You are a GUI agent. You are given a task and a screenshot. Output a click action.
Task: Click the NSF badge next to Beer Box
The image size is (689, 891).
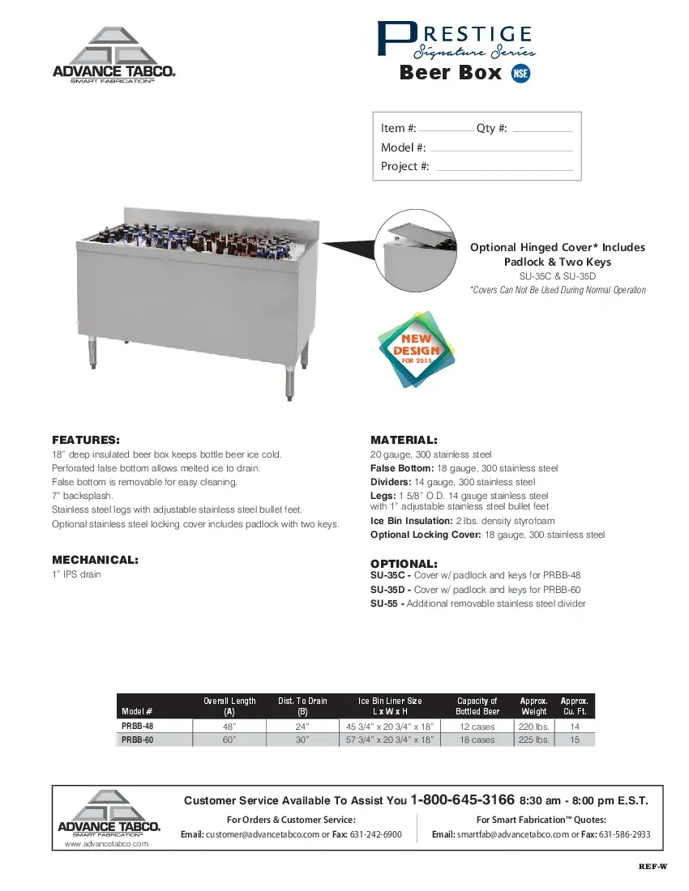[x=521, y=73]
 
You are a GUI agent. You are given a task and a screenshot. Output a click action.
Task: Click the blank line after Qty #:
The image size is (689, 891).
[x=542, y=131]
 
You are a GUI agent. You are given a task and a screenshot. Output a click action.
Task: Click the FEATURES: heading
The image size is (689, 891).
[x=86, y=440]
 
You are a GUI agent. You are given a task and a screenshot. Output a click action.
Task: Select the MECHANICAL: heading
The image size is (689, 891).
[x=95, y=560]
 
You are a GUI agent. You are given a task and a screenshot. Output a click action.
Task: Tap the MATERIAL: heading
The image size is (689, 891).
[x=404, y=440]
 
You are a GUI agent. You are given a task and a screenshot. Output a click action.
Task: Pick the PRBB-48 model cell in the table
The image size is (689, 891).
[x=138, y=727]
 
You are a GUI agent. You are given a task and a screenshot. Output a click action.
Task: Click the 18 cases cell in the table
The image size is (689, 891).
[x=477, y=740]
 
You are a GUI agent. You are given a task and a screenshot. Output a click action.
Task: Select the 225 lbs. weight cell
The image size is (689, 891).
[x=533, y=740]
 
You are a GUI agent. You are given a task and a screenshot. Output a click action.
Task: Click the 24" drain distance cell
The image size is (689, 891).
[x=302, y=727]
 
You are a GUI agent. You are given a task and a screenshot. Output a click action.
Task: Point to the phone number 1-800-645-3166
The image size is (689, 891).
[x=463, y=799]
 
